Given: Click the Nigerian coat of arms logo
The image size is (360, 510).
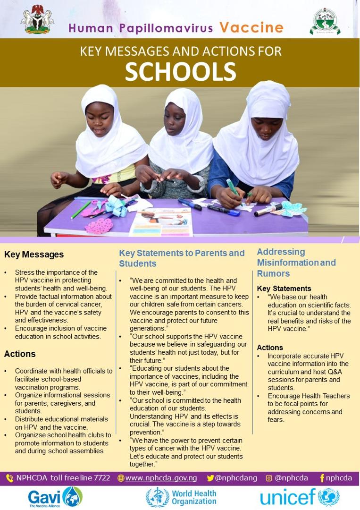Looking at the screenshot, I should click(x=37, y=20).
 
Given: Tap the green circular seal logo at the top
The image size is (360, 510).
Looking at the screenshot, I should click(x=325, y=21).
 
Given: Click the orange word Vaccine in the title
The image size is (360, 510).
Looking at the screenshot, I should click(x=251, y=28).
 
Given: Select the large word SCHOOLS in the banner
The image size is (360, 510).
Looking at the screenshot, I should click(x=180, y=71).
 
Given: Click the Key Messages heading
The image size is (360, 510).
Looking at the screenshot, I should click(x=34, y=255).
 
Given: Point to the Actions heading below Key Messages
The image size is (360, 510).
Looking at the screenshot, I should click(x=20, y=354).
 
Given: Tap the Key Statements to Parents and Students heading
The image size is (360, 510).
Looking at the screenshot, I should click(x=182, y=258).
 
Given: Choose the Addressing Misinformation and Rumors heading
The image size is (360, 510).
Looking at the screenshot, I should click(x=296, y=263).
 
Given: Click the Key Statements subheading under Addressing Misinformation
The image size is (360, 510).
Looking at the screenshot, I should click(x=284, y=289).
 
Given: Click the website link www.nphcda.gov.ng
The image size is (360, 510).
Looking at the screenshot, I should click(x=161, y=478).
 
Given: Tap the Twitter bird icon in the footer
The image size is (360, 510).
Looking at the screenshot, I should click(x=210, y=478).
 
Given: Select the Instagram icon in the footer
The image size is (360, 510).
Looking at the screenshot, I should click(x=269, y=478).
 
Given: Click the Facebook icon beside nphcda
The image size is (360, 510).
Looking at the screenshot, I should click(x=322, y=478).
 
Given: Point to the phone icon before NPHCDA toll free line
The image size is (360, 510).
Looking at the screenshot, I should click(x=9, y=478).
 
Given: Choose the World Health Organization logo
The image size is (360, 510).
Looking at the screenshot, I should click(x=181, y=497).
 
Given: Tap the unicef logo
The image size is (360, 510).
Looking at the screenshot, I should click(x=300, y=497).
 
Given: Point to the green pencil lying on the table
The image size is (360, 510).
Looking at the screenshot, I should click(x=81, y=210).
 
